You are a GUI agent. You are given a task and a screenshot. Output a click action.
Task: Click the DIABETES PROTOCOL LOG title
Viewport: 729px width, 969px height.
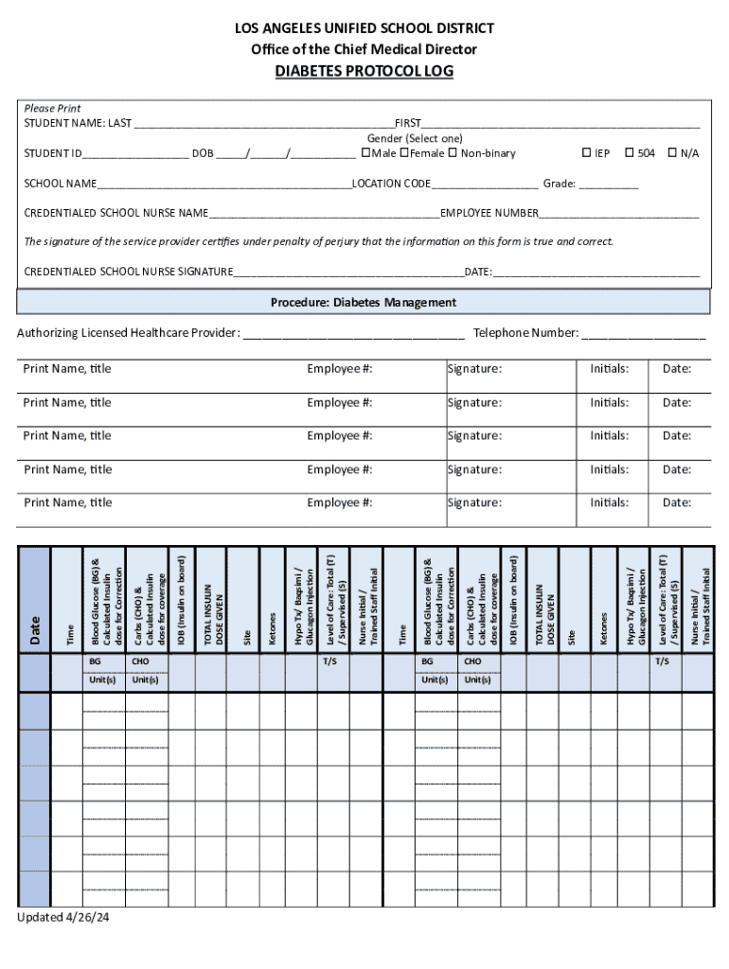[x=364, y=72]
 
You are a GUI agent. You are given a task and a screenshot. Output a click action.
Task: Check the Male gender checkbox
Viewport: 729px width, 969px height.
[x=366, y=152]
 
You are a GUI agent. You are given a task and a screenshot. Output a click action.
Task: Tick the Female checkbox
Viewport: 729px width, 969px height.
[x=404, y=152]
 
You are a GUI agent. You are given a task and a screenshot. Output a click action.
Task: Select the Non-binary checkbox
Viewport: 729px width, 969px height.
[x=453, y=152]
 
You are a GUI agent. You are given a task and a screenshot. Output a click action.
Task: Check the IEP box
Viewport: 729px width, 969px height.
[x=586, y=152]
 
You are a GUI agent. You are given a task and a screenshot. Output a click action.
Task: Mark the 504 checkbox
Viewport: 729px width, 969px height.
[x=629, y=152]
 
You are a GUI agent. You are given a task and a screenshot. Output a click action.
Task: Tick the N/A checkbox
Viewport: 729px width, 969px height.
[x=672, y=152]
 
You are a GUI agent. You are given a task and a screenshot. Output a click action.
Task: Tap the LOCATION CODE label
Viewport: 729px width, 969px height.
[x=391, y=184]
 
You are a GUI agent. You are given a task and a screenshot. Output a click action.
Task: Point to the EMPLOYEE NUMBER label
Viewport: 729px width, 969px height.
[x=489, y=213]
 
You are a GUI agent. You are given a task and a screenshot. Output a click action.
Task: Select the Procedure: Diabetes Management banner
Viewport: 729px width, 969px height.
[x=364, y=303]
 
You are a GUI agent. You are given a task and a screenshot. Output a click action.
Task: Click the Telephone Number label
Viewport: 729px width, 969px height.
[x=525, y=333]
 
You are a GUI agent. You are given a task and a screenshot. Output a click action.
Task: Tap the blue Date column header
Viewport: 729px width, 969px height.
[x=35, y=625]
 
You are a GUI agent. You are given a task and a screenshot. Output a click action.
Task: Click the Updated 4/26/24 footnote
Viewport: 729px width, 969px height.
[x=63, y=918]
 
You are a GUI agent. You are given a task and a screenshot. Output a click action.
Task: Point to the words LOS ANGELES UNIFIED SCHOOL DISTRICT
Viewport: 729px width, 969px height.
[x=364, y=28]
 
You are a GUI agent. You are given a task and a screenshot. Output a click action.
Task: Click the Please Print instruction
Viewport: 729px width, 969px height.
[x=52, y=109]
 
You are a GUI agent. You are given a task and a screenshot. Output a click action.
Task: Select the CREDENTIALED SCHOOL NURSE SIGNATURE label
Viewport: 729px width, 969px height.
[x=129, y=273]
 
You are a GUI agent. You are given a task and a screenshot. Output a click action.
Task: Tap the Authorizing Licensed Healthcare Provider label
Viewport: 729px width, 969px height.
[x=129, y=333]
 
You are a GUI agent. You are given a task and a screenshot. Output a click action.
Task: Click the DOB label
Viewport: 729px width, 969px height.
[x=203, y=153]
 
